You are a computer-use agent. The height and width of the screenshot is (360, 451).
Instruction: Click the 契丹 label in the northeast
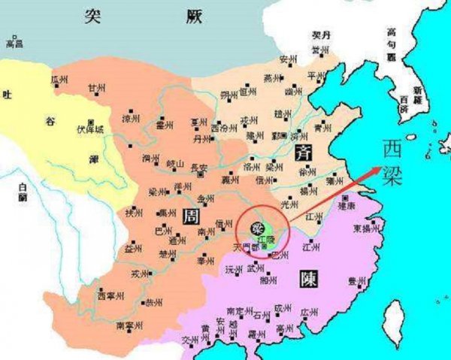coord(322,37)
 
